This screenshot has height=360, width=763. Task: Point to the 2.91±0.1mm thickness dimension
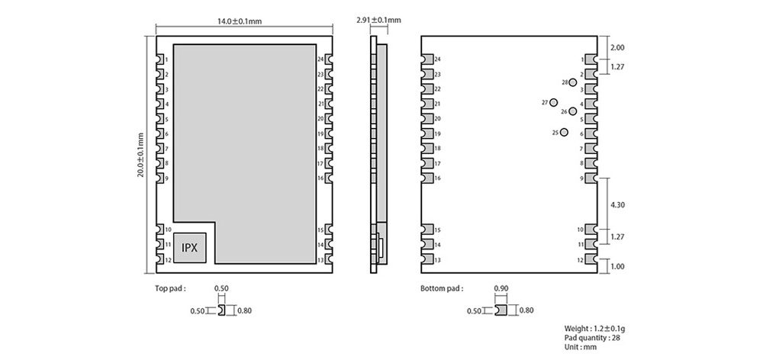378,21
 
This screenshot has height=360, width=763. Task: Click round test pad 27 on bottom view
554,102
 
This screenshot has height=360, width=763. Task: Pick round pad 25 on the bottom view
564,133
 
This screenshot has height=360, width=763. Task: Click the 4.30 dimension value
617,204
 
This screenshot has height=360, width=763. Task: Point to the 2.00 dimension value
617,47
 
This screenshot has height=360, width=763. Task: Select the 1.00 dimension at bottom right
617,266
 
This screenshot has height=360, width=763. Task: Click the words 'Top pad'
169,289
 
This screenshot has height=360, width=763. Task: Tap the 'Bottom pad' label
440,289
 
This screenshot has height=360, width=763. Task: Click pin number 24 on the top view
320,59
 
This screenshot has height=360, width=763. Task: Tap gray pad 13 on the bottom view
428,260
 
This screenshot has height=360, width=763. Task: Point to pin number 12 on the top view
167,260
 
